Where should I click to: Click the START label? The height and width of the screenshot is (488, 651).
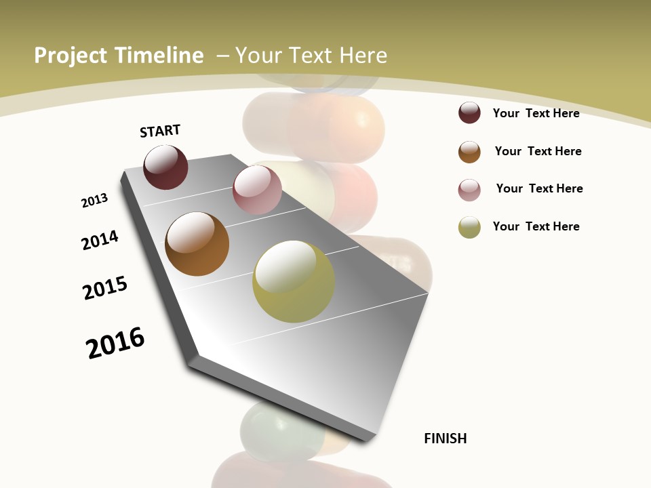(x=160, y=131)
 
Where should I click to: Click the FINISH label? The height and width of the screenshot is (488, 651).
(x=445, y=439)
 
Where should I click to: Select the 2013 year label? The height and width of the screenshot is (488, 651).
(x=94, y=201)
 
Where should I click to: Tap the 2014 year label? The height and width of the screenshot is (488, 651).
(x=100, y=240)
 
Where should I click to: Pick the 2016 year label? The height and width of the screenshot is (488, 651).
(x=115, y=342)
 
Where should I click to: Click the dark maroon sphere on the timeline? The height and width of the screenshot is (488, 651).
(x=165, y=167)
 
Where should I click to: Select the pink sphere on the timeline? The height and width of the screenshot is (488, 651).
(x=257, y=189)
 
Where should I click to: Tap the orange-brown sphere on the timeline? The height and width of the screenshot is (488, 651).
(x=197, y=244)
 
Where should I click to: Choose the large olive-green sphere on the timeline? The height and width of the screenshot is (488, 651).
(x=293, y=281)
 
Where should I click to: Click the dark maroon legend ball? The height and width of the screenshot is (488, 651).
(x=469, y=113)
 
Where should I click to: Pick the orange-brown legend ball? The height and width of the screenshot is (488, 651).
(x=469, y=152)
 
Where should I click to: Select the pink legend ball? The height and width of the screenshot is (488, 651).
(x=469, y=190)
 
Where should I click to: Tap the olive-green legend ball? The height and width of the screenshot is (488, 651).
(x=469, y=227)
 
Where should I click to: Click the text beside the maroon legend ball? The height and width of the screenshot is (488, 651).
(x=536, y=113)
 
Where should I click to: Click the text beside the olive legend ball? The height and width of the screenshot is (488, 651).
(x=536, y=226)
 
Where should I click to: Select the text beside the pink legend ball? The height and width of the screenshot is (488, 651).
(x=539, y=188)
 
